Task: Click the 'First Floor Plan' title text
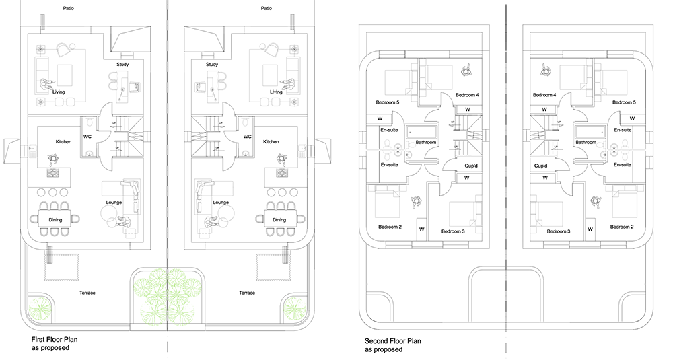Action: (x=55, y=339)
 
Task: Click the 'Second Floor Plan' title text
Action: (x=393, y=342)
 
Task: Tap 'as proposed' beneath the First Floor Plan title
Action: (x=50, y=348)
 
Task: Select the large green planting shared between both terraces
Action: (x=166, y=296)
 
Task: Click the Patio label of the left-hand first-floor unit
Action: (x=68, y=8)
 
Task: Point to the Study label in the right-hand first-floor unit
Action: (x=212, y=65)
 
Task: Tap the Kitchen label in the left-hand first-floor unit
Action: (x=63, y=141)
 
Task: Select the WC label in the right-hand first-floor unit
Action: (x=247, y=137)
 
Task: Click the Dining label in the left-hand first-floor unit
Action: (x=55, y=219)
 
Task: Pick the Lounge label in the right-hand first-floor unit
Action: (x=221, y=203)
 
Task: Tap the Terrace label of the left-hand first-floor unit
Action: (x=87, y=293)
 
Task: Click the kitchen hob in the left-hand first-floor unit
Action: (x=54, y=173)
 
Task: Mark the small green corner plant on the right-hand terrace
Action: (x=295, y=309)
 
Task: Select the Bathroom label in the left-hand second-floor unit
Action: (x=426, y=142)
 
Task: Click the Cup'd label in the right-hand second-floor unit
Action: (x=541, y=166)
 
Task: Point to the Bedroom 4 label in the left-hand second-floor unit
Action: (x=468, y=95)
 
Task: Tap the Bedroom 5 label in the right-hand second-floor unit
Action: (x=624, y=102)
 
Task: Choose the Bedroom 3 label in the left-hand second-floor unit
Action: (x=453, y=231)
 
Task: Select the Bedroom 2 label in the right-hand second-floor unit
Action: (x=622, y=227)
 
